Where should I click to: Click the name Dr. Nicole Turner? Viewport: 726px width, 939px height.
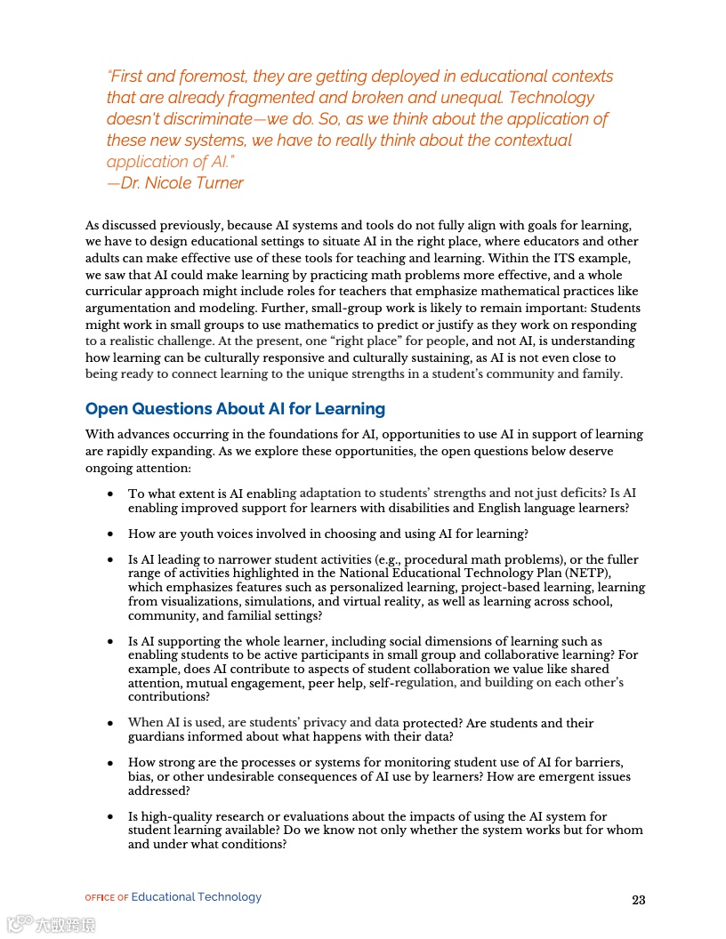(x=181, y=183)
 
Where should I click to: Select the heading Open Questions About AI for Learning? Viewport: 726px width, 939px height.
(x=235, y=409)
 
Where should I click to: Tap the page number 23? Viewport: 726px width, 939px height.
(x=638, y=900)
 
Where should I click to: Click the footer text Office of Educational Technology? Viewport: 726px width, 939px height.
(x=173, y=897)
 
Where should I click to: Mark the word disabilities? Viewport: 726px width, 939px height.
(x=431, y=508)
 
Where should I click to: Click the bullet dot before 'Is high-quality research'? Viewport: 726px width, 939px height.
(x=109, y=817)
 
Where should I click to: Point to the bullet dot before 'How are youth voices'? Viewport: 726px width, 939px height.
(x=109, y=534)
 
